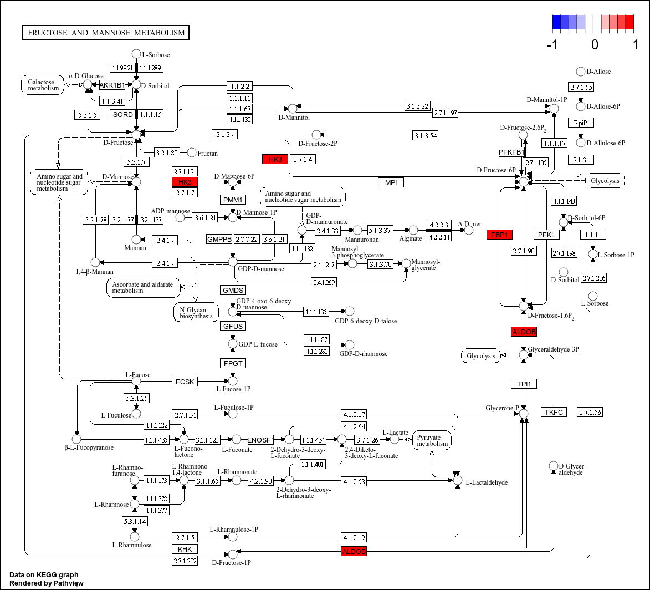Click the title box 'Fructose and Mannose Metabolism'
point(106,33)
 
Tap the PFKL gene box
point(546,235)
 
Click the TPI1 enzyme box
point(524,384)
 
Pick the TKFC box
point(554,412)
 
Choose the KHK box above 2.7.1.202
point(185,549)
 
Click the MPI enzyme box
point(391,182)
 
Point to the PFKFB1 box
point(511,152)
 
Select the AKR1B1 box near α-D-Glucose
point(112,85)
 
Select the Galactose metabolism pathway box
point(43,85)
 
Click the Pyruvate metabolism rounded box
point(432,440)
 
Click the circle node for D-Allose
point(581,72)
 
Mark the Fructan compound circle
point(192,152)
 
